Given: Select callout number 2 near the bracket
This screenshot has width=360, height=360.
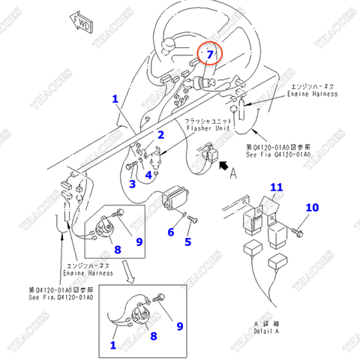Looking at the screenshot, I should pos(160,135).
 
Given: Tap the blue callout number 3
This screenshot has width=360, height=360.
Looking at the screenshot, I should pos(131,184).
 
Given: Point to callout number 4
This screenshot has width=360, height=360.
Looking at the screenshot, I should pos(149,175).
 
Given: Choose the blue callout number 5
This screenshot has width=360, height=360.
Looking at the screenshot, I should pos(188,241).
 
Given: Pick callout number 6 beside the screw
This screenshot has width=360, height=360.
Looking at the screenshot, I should pos(170,232).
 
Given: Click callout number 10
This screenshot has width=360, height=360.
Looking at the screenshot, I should pos(312,208).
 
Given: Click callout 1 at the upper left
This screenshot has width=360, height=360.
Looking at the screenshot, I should pos(115,99).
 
